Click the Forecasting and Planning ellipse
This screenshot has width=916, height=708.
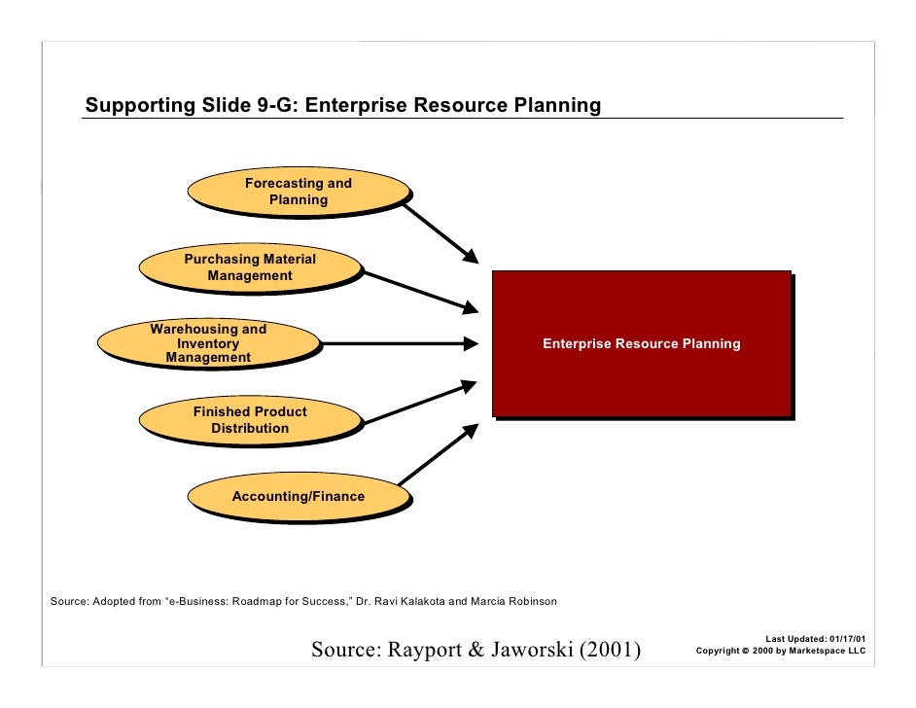[298, 192]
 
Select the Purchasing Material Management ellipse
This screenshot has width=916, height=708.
[250, 267]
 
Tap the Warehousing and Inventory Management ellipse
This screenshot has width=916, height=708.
[208, 343]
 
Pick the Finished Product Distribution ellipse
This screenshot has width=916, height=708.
[250, 420]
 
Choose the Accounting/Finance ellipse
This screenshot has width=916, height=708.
[298, 496]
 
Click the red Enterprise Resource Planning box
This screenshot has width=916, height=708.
[641, 343]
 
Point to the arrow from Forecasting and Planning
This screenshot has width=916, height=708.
[440, 231]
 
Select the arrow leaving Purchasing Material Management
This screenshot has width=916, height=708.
[420, 291]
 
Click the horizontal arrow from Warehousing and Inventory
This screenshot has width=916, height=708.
[399, 343]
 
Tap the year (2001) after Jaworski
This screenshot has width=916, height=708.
[611, 650]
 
